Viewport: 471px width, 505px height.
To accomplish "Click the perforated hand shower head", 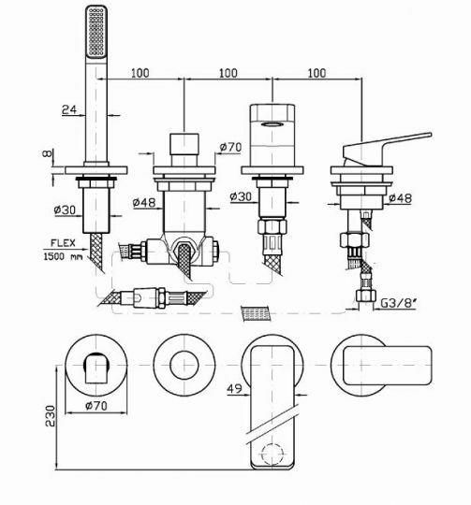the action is click(96, 32).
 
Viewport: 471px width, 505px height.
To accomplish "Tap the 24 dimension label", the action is click(69, 109).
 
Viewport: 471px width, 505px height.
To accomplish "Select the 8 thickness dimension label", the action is click(46, 153).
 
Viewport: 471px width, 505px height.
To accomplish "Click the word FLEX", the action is click(63, 243).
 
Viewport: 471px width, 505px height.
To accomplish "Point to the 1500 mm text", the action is click(63, 256).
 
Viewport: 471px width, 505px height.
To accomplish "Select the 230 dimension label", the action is click(50, 416).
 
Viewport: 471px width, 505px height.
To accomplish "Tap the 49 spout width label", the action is click(234, 389).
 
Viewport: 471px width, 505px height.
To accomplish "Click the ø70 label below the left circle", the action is click(96, 406).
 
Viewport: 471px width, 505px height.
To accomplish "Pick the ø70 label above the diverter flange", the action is click(230, 147).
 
